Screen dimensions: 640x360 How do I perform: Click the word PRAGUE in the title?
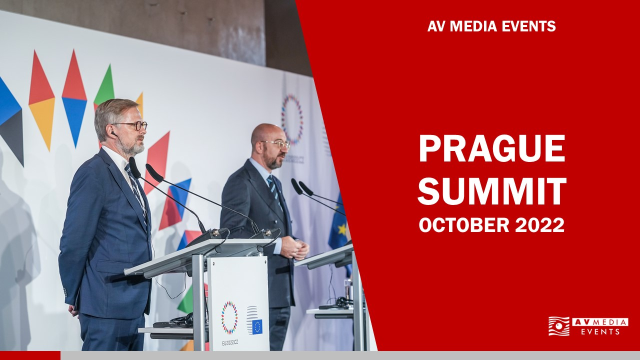[x=491, y=148]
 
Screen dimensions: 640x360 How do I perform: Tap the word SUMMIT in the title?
[x=492, y=191]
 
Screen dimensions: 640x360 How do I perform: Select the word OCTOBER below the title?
[x=464, y=225]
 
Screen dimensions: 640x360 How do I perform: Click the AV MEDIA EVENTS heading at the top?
[x=491, y=26]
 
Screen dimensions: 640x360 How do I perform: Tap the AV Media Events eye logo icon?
[x=559, y=326]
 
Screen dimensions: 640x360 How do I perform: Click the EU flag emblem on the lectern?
[x=257, y=327]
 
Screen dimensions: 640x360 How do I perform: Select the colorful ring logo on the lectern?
[x=229, y=317]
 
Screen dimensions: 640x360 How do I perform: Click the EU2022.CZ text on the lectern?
[x=229, y=343]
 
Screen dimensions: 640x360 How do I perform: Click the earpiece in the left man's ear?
[x=113, y=133]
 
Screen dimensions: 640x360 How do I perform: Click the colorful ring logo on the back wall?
[x=292, y=119]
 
